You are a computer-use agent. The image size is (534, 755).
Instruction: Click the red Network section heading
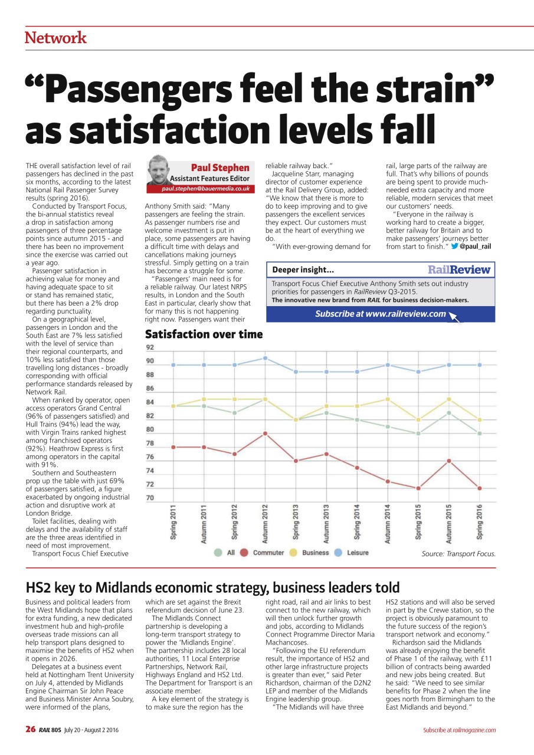55,38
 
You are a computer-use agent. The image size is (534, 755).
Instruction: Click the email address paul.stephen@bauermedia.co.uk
206,189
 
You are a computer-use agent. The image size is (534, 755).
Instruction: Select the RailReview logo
459,270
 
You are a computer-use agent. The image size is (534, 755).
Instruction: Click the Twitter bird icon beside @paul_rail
454,246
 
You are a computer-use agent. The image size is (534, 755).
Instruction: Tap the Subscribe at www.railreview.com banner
381,314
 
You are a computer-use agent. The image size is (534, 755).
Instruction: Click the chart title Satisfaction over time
204,334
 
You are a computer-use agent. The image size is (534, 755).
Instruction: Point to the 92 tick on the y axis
150,347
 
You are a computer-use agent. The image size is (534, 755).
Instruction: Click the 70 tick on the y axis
150,498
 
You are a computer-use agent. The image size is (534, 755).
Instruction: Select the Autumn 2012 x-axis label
266,523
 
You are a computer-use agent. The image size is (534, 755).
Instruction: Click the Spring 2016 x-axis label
480,521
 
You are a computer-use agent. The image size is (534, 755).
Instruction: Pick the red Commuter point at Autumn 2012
266,434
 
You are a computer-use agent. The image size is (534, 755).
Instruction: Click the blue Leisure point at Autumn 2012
266,358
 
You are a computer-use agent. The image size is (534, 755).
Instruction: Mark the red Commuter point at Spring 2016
480,488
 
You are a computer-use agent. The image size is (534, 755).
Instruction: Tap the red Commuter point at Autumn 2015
449,461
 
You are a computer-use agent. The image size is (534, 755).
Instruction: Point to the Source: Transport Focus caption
458,554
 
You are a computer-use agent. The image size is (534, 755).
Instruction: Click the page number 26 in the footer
31,730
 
